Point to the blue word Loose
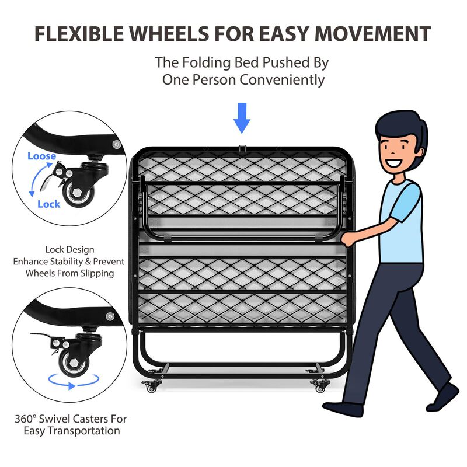41,156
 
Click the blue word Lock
48,204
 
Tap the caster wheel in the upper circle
76,193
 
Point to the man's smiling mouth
392,163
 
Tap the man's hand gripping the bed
348,238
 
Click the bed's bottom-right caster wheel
320,386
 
